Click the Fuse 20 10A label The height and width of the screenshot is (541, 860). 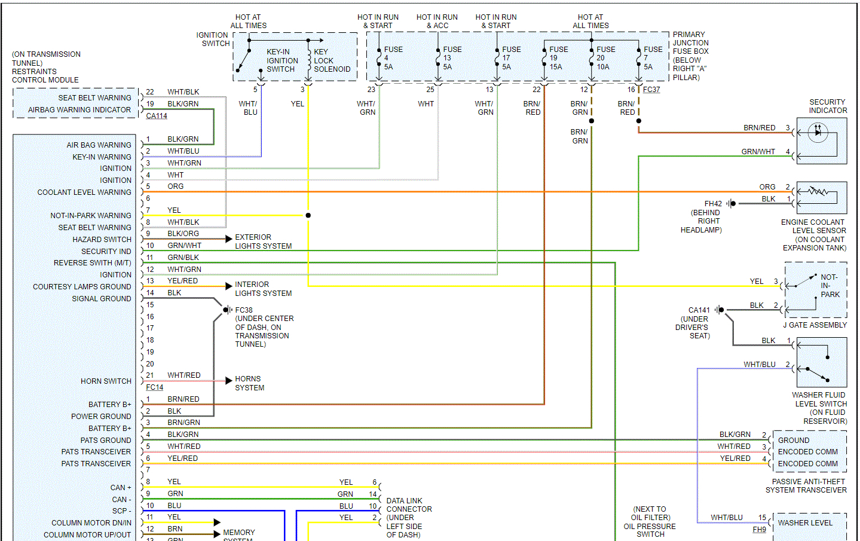(605, 58)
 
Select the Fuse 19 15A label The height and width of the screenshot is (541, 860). (558, 58)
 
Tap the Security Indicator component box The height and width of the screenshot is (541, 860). (821, 140)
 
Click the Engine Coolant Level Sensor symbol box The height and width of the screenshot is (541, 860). (821, 197)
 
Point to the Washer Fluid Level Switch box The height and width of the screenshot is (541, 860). (821, 362)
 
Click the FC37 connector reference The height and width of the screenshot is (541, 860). (651, 90)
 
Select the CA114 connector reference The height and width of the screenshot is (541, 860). (157, 116)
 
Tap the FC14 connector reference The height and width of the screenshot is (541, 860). (155, 387)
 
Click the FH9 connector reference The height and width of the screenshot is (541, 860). (759, 530)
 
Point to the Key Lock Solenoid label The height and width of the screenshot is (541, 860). (332, 60)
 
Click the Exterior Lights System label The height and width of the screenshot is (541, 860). (263, 242)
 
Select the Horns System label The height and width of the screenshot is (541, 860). (249, 383)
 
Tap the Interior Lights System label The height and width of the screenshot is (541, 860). (263, 289)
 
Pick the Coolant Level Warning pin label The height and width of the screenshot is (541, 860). (84, 192)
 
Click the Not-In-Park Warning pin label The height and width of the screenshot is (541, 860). (91, 216)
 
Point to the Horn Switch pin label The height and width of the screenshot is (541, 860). (106, 381)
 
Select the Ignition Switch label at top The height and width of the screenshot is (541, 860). (213, 39)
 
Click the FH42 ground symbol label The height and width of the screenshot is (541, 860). (712, 204)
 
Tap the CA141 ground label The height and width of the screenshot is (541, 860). (699, 310)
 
